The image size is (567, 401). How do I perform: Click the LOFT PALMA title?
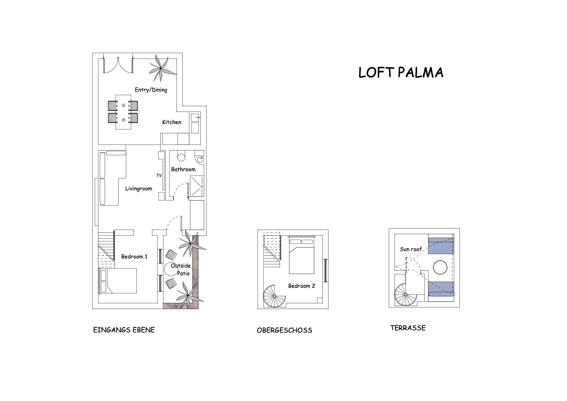(401, 72)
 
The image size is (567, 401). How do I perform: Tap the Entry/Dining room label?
(151, 90)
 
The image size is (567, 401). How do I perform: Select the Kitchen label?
(171, 122)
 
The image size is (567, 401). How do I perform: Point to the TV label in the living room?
(159, 176)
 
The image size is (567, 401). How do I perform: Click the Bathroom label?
(183, 169)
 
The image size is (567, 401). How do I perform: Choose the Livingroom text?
(138, 189)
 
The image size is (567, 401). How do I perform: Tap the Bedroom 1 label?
(134, 257)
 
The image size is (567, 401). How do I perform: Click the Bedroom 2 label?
(301, 286)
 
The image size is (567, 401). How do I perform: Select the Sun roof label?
(411, 249)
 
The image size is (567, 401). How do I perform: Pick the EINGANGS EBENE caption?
(124, 330)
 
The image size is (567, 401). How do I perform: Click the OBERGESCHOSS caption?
(284, 330)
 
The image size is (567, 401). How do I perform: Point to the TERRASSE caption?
(408, 328)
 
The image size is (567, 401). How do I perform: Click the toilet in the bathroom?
(181, 156)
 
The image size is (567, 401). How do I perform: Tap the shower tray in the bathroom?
(197, 186)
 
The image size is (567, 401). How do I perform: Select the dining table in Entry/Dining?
(123, 112)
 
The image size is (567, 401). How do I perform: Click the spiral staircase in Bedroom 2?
(274, 296)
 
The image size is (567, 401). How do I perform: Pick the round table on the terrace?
(440, 268)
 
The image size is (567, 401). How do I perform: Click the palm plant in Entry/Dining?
(161, 69)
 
